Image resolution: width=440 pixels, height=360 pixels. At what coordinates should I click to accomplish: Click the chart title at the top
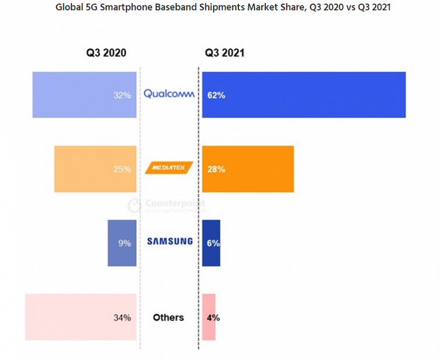[x=220, y=8]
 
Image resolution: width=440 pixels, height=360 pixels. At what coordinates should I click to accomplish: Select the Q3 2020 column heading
[x=106, y=53]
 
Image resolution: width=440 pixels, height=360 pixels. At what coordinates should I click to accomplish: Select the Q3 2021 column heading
[x=225, y=53]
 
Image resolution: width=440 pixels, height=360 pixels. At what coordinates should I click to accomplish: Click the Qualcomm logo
[x=169, y=94]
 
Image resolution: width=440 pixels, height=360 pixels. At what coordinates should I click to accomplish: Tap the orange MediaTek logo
[x=169, y=169]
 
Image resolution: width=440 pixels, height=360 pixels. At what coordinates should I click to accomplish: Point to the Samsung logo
[x=170, y=241]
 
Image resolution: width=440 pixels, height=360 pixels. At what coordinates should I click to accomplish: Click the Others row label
[x=168, y=317]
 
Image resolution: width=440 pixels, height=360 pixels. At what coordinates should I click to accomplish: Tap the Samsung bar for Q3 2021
[x=211, y=243]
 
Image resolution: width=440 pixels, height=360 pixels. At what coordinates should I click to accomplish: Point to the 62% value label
[x=216, y=95]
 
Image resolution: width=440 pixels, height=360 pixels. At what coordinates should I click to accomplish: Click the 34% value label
[x=122, y=317]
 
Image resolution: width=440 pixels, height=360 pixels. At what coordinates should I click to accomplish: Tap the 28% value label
[x=216, y=169]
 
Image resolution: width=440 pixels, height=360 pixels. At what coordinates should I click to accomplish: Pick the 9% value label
[x=124, y=243]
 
